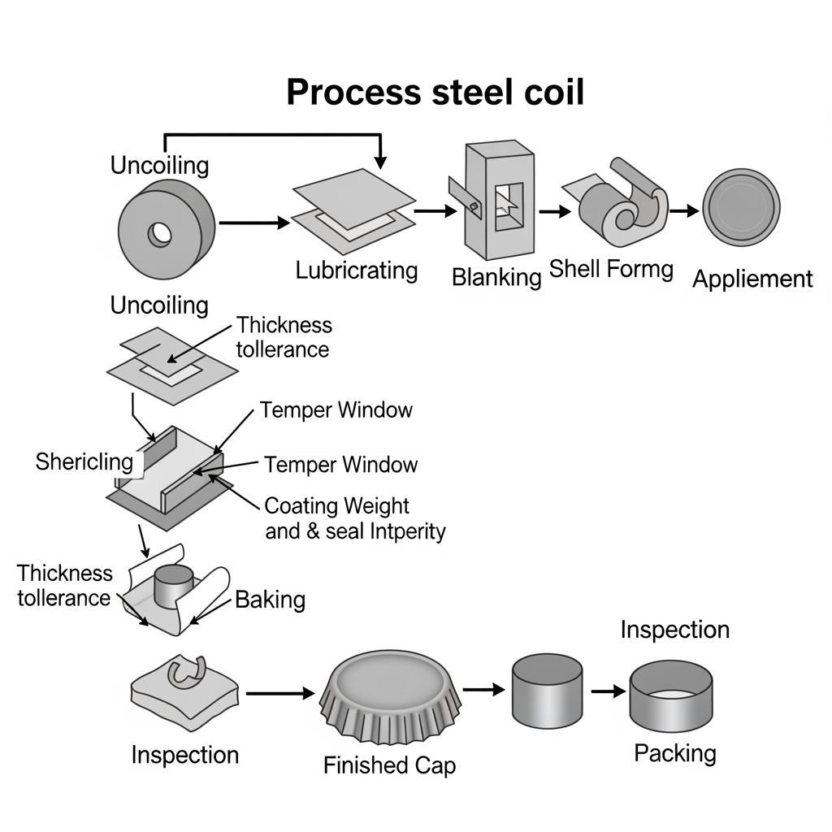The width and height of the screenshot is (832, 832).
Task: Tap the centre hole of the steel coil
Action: [x=160, y=234]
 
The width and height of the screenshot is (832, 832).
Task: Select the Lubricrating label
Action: [x=357, y=270]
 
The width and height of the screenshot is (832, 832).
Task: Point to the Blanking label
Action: [x=496, y=277]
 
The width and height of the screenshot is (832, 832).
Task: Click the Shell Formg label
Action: [x=611, y=269]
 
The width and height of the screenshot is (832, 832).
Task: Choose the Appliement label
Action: [x=752, y=279]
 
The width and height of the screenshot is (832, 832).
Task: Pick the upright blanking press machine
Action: [x=497, y=197]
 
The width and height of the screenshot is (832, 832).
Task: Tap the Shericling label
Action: [x=84, y=462]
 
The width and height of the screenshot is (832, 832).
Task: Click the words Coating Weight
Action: [x=337, y=505]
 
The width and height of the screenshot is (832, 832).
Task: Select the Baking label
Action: [x=270, y=600]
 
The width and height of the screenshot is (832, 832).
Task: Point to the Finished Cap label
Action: [x=389, y=765]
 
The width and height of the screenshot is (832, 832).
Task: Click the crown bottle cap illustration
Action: [x=393, y=691]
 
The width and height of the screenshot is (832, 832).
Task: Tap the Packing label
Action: [x=674, y=753]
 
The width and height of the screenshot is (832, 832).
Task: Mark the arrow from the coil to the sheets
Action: [x=254, y=222]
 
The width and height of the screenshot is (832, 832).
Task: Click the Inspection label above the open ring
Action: [x=674, y=630]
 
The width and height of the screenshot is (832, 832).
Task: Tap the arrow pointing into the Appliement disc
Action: [x=684, y=211]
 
